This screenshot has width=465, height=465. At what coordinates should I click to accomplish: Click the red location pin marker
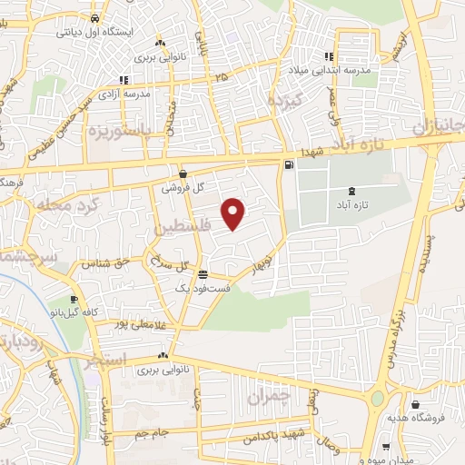pos(234,213)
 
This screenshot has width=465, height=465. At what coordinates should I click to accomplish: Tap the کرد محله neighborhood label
pos(59,207)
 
